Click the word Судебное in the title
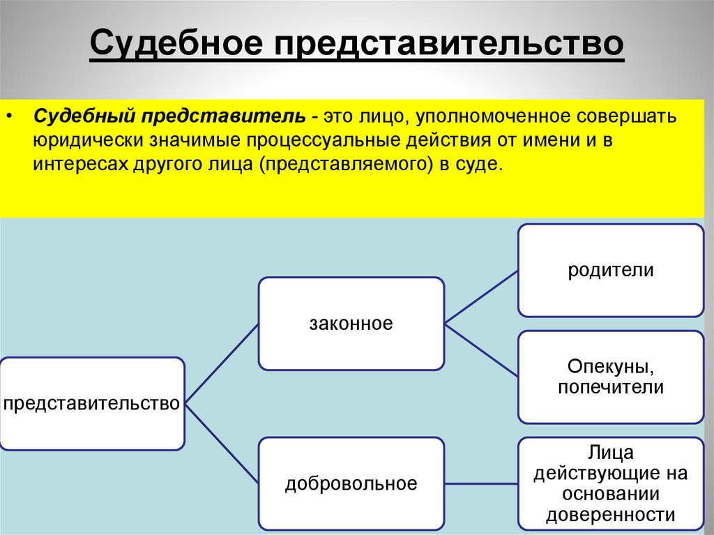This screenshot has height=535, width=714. (x=177, y=45)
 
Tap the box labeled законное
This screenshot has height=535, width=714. (x=351, y=324)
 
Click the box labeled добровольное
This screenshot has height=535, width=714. (x=351, y=483)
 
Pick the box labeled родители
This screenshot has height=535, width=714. (x=610, y=270)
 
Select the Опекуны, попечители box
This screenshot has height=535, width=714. (x=610, y=377)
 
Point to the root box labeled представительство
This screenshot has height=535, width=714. (x=92, y=403)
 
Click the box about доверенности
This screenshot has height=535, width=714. (x=610, y=484)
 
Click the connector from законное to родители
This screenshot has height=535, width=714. (x=481, y=296)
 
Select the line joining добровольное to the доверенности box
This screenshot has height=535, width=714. (x=481, y=483)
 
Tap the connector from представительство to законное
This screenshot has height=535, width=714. (x=222, y=363)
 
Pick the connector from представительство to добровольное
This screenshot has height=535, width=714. (x=222, y=444)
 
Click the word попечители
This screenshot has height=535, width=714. (x=610, y=388)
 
